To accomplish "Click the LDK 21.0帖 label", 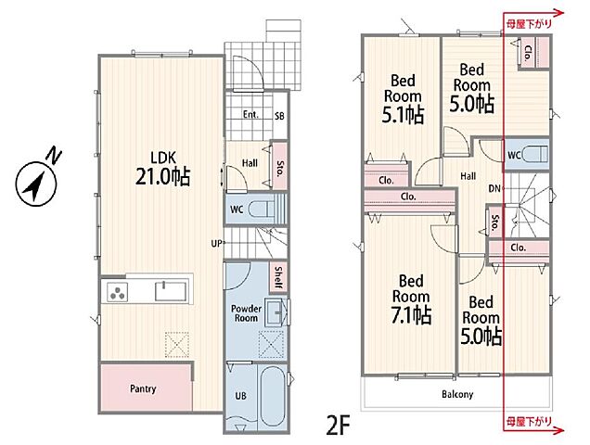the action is click(163, 168).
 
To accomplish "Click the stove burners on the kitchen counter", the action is click(118, 292).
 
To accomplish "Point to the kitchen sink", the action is click(171, 291).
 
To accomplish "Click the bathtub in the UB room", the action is click(272, 397).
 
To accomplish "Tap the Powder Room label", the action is click(246, 313).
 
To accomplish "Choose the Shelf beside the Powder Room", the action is click(278, 277).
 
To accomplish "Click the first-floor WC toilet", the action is click(262, 209).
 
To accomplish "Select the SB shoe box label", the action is click(279, 116).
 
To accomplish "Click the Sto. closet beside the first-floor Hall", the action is click(279, 166).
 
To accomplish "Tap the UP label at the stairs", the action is click(216, 244).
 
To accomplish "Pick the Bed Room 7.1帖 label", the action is click(411, 299).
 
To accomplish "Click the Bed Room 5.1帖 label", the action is click(403, 98).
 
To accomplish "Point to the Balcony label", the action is click(457, 394).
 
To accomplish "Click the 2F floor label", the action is click(339, 425).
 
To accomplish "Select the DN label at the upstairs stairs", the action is click(494, 188).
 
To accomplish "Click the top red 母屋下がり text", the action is click(529, 24).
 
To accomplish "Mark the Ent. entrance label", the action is click(250, 114).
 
